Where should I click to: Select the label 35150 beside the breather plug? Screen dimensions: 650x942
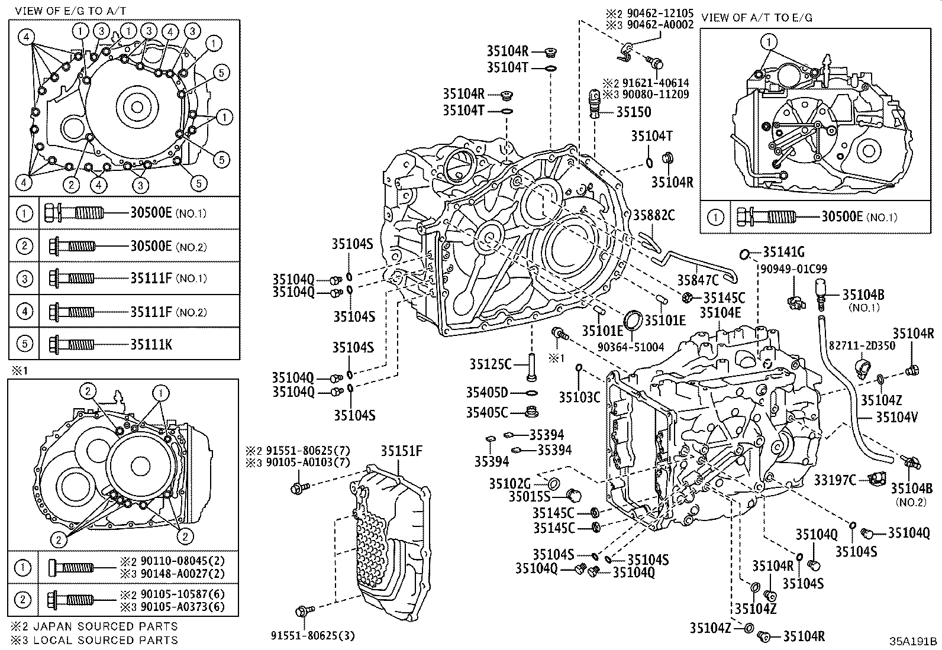pyautogui.click(x=633, y=112)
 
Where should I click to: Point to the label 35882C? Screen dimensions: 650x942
pyautogui.click(x=654, y=215)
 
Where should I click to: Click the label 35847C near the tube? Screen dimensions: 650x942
pyautogui.click(x=698, y=279)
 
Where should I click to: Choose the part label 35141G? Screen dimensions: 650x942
pyautogui.click(x=783, y=253)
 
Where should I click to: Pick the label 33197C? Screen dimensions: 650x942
pyautogui.click(x=835, y=480)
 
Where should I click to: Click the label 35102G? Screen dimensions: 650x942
pyautogui.click(x=510, y=483)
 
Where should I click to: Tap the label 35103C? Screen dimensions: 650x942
pyautogui.click(x=579, y=397)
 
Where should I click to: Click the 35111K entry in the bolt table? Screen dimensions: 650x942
pyautogui.click(x=151, y=344)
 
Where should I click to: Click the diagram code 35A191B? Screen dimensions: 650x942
pyautogui.click(x=915, y=641)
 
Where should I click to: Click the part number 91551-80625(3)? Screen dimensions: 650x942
pyautogui.click(x=313, y=635)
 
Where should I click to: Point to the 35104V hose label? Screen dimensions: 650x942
pyautogui.click(x=896, y=418)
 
